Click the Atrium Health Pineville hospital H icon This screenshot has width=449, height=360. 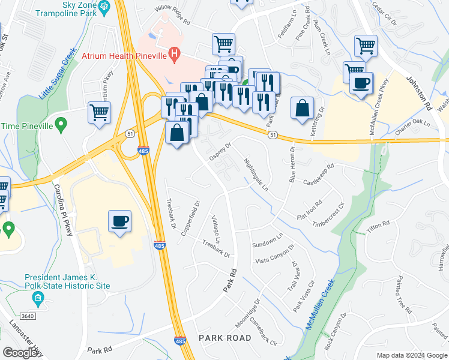tap(174, 53)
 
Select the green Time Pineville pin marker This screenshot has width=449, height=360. tap(60, 125)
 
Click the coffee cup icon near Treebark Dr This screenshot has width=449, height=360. tap(119, 221)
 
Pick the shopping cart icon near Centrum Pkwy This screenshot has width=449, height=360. tap(100, 112)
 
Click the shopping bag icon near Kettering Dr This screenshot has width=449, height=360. tap(303, 109)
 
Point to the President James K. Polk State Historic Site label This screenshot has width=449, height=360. tap(67, 281)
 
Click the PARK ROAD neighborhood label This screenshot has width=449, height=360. tap(225, 338)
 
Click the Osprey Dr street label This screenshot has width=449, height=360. tap(220, 150)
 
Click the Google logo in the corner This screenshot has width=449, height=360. tap(20, 353)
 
